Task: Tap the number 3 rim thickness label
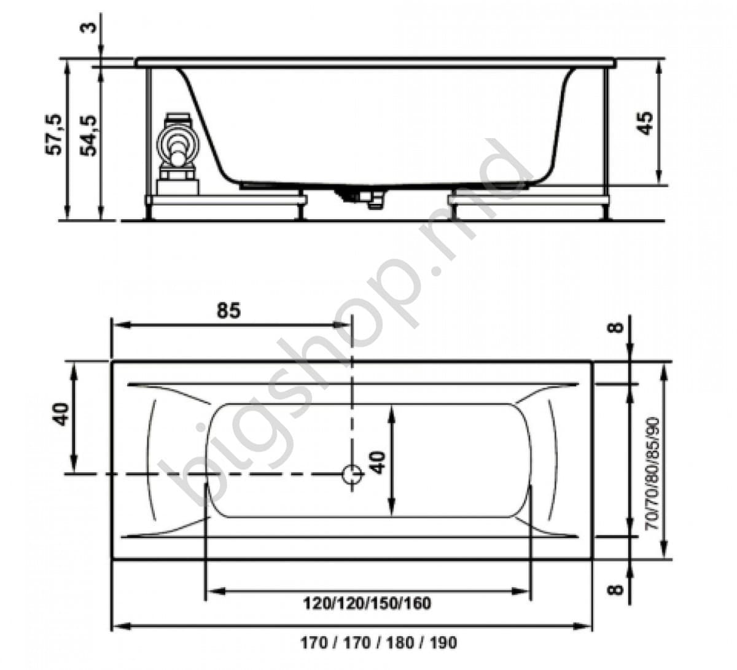[x=90, y=27]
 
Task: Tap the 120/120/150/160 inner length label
[x=367, y=604]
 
